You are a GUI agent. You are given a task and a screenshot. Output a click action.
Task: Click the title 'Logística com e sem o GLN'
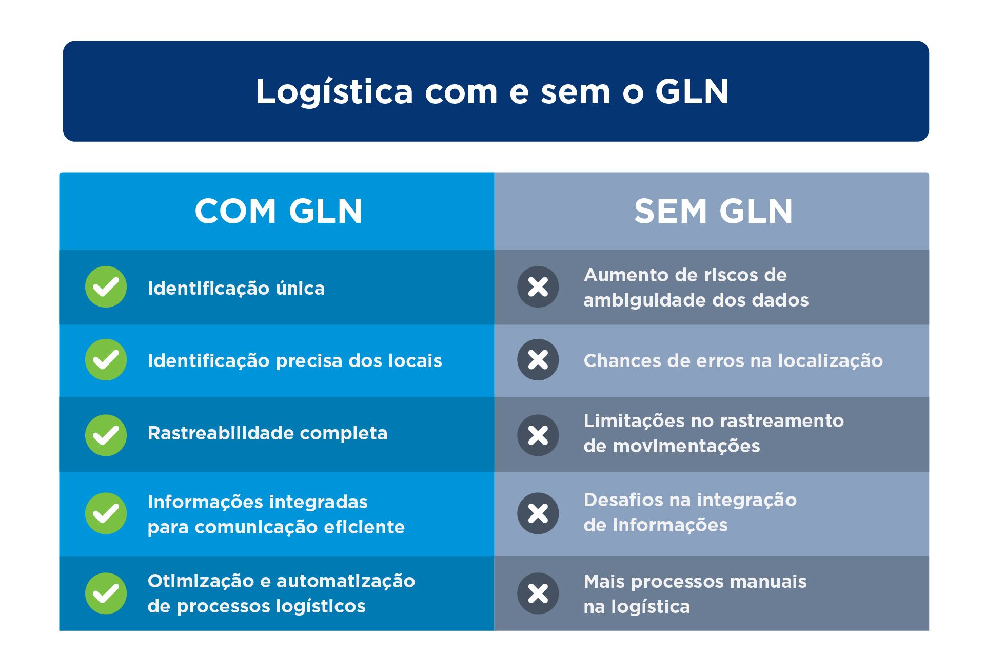click(x=492, y=92)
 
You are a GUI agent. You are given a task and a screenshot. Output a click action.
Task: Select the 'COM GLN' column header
click(x=279, y=211)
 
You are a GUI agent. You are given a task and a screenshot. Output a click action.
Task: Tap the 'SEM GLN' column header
click(x=714, y=211)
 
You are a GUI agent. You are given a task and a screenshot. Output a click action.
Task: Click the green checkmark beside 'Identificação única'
click(x=106, y=287)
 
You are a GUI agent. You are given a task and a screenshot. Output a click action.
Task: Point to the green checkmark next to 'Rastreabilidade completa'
click(x=106, y=435)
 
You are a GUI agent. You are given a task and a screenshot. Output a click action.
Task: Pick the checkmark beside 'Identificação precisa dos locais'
click(x=106, y=360)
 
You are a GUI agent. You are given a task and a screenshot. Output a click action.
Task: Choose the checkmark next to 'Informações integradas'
click(x=106, y=513)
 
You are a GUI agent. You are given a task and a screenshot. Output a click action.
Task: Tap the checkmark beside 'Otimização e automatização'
click(x=106, y=594)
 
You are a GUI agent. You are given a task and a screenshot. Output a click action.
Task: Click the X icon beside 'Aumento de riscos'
click(x=538, y=287)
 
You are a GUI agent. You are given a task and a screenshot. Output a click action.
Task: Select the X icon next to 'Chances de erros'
click(x=538, y=360)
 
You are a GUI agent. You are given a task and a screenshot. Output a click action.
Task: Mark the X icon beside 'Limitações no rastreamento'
click(x=538, y=435)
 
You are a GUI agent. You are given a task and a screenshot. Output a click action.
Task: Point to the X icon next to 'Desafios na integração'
click(x=538, y=513)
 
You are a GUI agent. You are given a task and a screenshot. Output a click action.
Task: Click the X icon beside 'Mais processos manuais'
click(x=538, y=594)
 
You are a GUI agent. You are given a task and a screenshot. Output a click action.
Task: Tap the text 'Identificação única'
click(x=236, y=288)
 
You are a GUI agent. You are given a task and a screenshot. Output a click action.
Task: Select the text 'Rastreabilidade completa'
click(x=267, y=433)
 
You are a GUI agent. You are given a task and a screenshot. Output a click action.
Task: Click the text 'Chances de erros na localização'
click(x=733, y=360)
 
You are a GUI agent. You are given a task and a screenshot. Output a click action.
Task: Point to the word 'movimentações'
click(x=686, y=446)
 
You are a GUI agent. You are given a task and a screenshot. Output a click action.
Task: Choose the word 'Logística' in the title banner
click(x=334, y=93)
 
